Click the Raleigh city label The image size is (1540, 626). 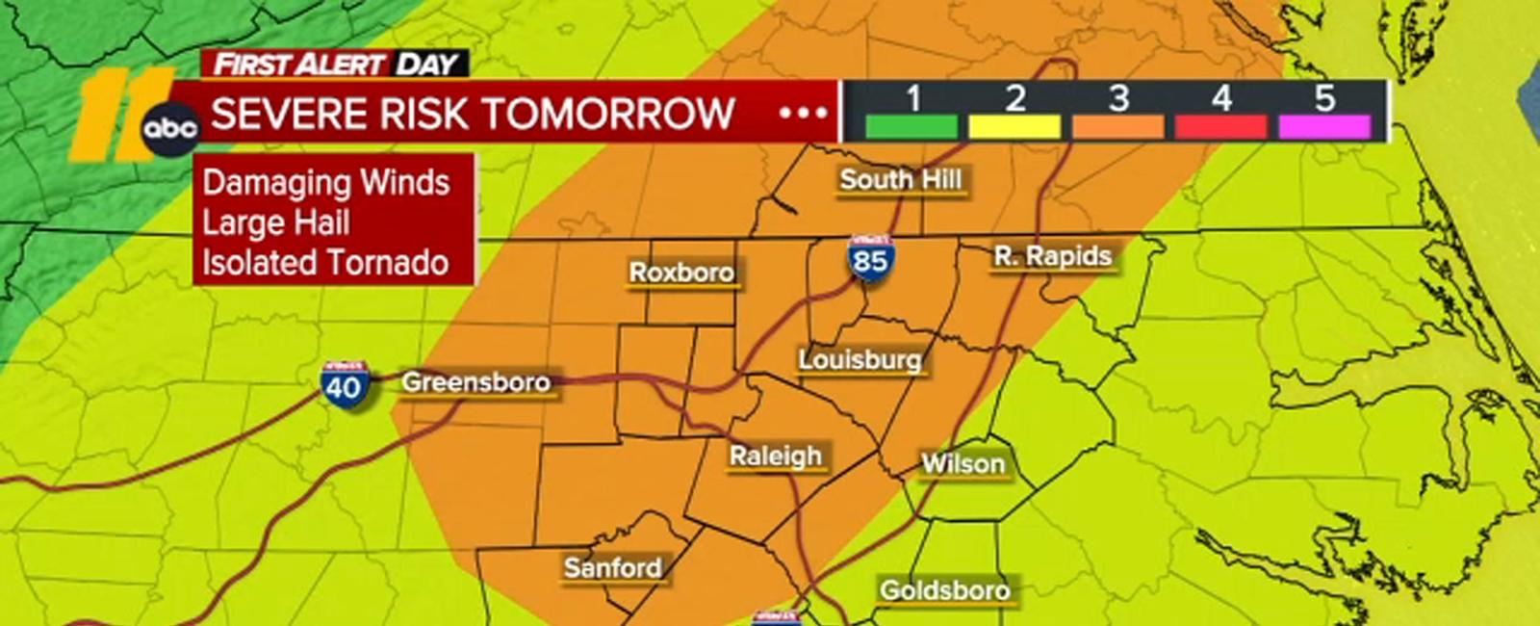[775, 456]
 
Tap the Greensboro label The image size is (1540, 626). [475, 382]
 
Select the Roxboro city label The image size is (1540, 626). [681, 273]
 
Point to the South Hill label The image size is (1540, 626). [900, 179]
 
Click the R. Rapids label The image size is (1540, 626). [1053, 256]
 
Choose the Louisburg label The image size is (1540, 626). [860, 360]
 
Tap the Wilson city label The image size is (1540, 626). [962, 463]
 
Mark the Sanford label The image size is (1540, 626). [612, 567]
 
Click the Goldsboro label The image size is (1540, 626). [944, 589]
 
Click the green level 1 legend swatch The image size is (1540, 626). [911, 127]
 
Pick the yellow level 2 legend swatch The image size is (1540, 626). [1014, 127]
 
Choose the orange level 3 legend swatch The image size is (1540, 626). [1117, 127]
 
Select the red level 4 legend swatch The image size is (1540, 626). [1220, 127]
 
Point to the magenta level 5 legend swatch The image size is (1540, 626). [1323, 127]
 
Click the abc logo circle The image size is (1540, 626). [170, 128]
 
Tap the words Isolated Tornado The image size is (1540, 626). [325, 263]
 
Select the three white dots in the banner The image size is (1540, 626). [803, 114]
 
